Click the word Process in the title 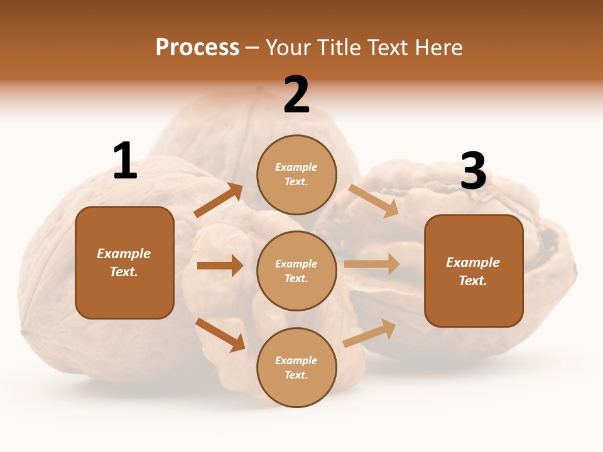tap(197, 48)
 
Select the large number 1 tap(125, 161)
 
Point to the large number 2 tap(296, 95)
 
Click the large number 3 tap(474, 171)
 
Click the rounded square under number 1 tap(124, 262)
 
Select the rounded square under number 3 tap(474, 271)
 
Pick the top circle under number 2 tap(296, 175)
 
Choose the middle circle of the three tap(296, 271)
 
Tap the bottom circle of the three tap(296, 367)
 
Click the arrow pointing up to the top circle tap(219, 200)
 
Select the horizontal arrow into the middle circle tap(220, 266)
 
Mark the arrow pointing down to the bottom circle tap(220, 335)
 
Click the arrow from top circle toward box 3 tap(374, 200)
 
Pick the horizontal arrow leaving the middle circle tap(372, 264)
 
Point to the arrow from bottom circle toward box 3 tap(369, 333)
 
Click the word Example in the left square tap(124, 254)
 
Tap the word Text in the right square tap(472, 281)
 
